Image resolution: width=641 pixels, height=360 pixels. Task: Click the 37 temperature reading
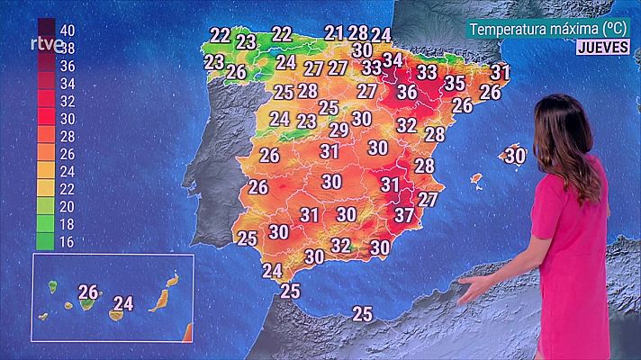pyautogui.click(x=404, y=215)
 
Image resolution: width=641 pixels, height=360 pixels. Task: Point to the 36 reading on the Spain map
pyautogui.click(x=407, y=92)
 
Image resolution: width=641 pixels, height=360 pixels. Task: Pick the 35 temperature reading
pyautogui.click(x=455, y=84)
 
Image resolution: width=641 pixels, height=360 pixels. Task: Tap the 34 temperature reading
pyautogui.click(x=393, y=60)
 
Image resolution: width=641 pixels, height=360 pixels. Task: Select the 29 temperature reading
pyautogui.click(x=339, y=130)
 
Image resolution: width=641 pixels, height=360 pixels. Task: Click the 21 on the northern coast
pyautogui.click(x=335, y=33)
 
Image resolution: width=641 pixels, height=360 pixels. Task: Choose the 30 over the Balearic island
pyautogui.click(x=514, y=155)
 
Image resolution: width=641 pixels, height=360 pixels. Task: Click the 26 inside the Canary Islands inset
pyautogui.click(x=88, y=292)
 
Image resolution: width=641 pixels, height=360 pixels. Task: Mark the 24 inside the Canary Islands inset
pyautogui.click(x=123, y=303)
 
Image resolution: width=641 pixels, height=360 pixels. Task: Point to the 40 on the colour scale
pyautogui.click(x=66, y=31)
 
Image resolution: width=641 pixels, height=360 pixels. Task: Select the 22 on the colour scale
pyautogui.click(x=66, y=188)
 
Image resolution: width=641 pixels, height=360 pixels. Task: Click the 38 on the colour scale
pyautogui.click(x=66, y=49)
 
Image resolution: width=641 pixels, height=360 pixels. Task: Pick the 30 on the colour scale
pyautogui.click(x=66, y=118)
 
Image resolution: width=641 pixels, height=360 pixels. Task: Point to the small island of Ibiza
pyautogui.click(x=476, y=179)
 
